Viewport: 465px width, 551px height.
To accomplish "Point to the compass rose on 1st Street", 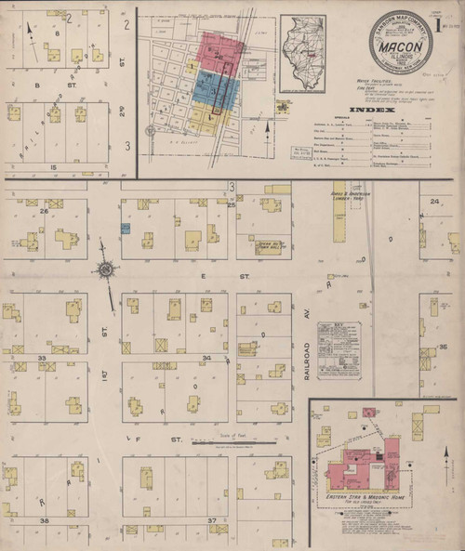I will pos(105,270).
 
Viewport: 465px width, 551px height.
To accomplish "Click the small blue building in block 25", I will pos(126,228).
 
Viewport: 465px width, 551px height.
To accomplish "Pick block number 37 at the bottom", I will pos(212,519).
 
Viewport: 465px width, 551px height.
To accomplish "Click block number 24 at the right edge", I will pos(433,200).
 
